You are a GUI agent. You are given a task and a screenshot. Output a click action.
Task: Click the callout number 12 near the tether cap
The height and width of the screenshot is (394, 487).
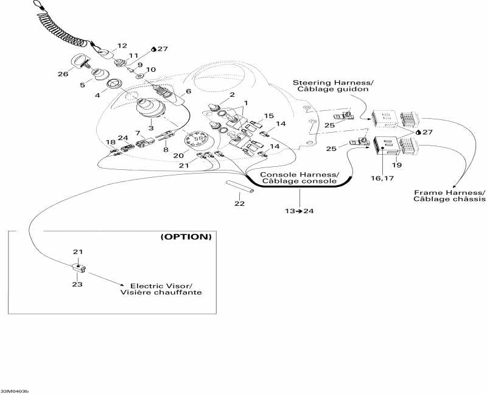click(122, 46)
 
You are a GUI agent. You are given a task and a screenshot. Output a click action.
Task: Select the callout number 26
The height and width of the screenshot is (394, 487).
click(63, 74)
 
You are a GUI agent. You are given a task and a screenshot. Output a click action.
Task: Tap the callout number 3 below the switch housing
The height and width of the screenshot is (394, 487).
click(151, 128)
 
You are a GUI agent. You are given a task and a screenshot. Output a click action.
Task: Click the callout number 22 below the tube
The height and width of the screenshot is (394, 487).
click(240, 203)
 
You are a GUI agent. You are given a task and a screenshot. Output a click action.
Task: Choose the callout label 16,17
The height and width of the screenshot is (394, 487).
click(382, 178)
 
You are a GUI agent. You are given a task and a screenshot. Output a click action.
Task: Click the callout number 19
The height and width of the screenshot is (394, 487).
click(397, 165)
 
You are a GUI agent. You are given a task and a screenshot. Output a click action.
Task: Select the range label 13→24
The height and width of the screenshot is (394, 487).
click(300, 211)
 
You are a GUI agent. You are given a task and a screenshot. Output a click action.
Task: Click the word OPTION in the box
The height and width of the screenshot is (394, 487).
click(186, 237)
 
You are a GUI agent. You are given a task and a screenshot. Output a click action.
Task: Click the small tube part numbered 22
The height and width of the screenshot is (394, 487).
click(239, 186)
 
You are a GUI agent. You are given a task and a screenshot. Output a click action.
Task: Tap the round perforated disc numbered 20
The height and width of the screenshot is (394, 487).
click(195, 139)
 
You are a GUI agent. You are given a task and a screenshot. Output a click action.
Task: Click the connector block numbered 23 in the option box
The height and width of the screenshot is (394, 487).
click(79, 268)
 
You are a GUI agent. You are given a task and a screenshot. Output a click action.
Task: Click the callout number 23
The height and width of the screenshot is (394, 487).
click(77, 284)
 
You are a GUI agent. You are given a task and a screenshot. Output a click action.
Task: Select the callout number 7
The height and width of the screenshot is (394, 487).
click(138, 133)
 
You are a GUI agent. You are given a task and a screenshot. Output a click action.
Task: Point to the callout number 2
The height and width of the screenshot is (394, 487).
click(232, 94)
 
